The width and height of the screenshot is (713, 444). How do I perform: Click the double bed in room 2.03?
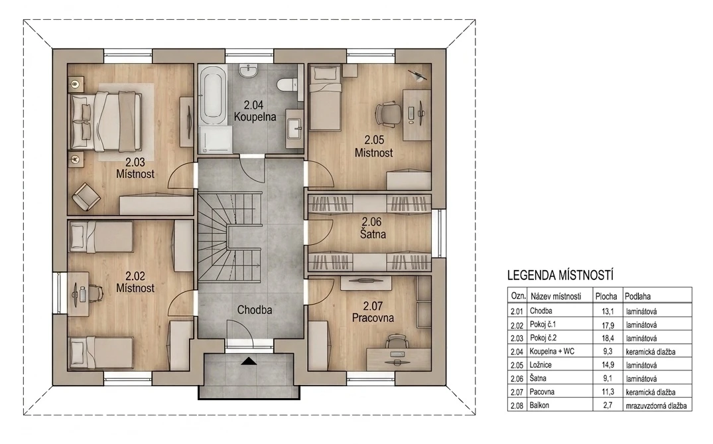(x=105, y=121)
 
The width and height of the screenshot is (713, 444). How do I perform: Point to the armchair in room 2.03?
(x=86, y=196)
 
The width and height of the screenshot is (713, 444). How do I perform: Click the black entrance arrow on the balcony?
(x=249, y=361)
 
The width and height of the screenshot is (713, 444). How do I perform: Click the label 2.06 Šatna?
(x=373, y=228)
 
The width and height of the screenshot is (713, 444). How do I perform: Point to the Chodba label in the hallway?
(x=255, y=310)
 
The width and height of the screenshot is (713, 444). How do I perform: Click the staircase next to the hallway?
(x=230, y=238)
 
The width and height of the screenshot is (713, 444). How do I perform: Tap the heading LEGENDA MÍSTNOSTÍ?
(x=560, y=275)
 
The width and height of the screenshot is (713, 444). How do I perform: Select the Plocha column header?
(x=606, y=296)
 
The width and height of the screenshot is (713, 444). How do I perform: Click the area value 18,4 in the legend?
(x=608, y=338)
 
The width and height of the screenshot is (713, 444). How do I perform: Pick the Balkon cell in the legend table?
(x=539, y=406)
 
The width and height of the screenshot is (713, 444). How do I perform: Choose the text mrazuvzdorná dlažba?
(x=656, y=406)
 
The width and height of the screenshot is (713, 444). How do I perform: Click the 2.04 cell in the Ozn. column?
(x=517, y=352)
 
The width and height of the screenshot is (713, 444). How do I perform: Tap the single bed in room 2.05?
(x=325, y=98)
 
